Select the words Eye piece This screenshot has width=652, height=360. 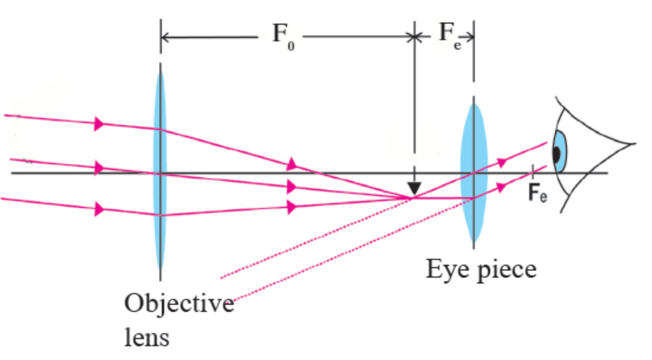click(x=482, y=269)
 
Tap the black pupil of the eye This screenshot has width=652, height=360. click(x=557, y=155)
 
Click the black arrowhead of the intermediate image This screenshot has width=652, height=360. click(x=414, y=189)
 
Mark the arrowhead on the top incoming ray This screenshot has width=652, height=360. click(x=99, y=124)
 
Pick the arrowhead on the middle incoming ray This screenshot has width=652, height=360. click(x=99, y=167)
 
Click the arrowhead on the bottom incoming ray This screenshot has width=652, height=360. click(x=99, y=209)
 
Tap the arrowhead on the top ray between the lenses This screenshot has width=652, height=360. click(x=292, y=164)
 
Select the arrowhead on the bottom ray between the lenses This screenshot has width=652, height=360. click(x=292, y=208)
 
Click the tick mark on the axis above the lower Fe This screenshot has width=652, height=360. click(x=533, y=172)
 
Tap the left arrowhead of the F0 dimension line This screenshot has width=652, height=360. click(x=165, y=36)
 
